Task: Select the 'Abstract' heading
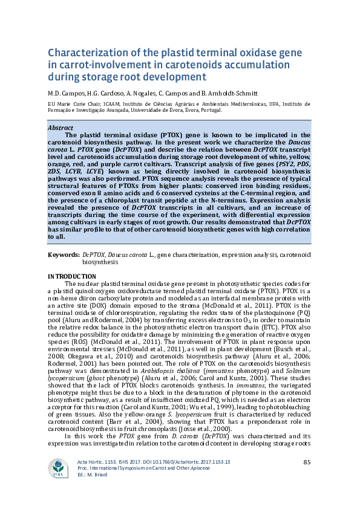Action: click(61, 128)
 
